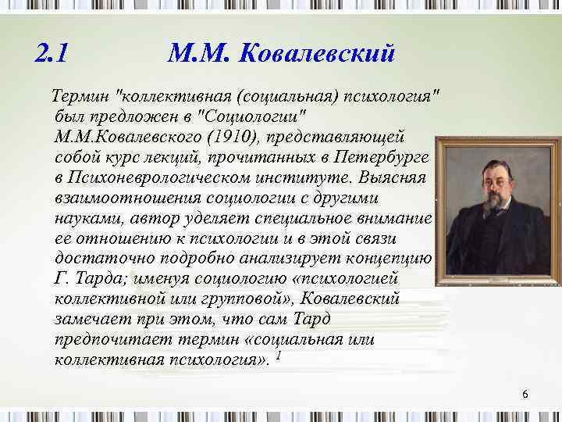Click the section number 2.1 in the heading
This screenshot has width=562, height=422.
pyautogui.click(x=52, y=54)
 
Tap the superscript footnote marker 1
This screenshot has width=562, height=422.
pyautogui.click(x=279, y=355)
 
